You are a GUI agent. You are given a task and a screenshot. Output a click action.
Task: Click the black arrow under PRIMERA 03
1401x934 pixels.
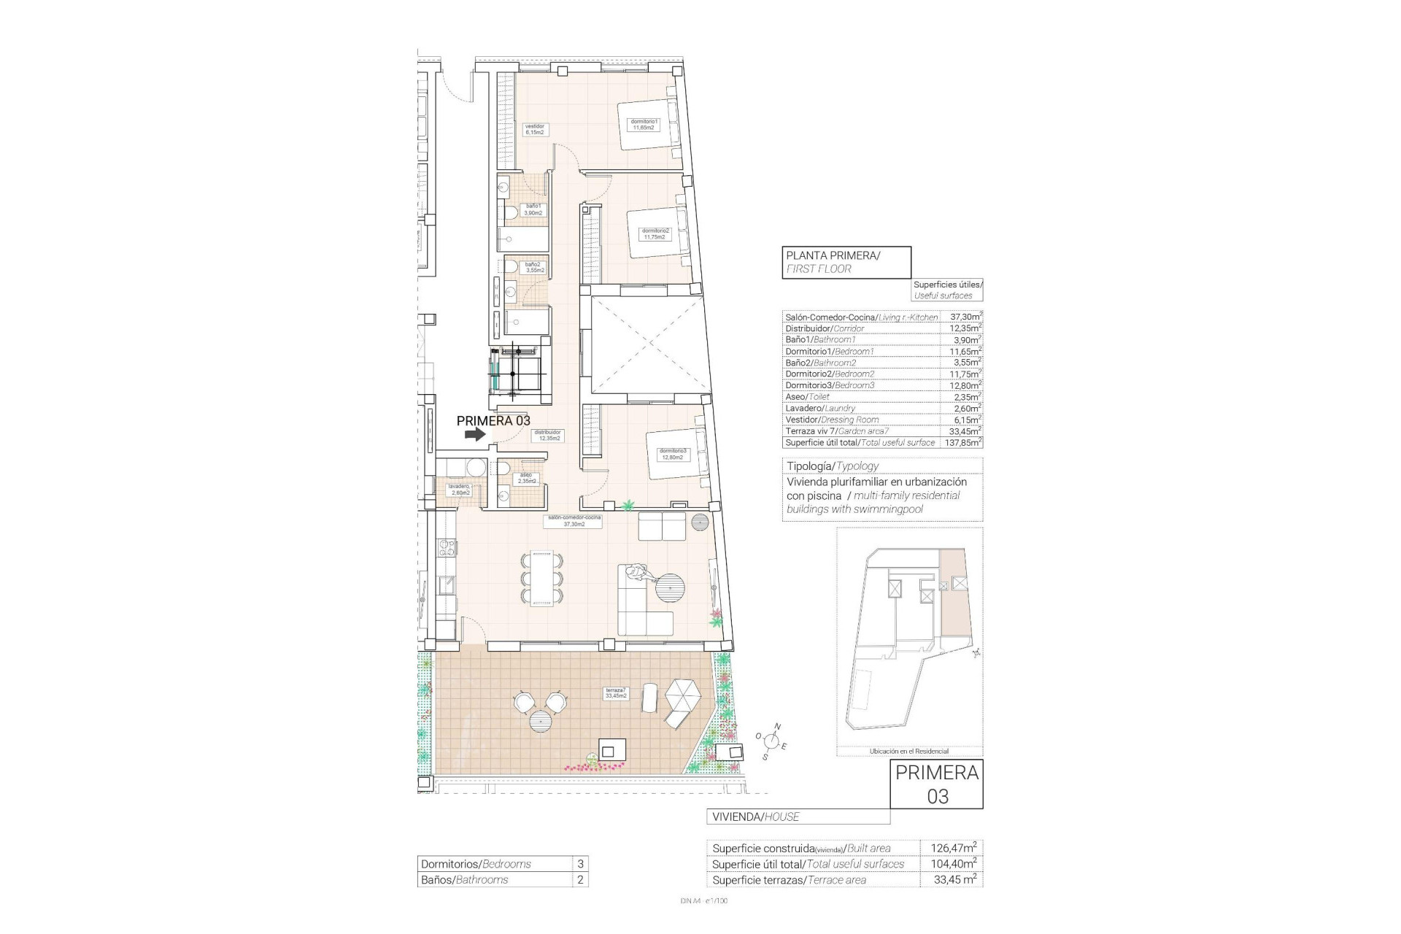(475, 434)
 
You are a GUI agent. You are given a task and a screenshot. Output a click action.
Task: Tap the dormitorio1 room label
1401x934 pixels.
(644, 124)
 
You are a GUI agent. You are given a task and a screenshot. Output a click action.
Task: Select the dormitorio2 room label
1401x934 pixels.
(655, 233)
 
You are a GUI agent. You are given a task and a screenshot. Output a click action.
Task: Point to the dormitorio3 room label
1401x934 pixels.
(673, 454)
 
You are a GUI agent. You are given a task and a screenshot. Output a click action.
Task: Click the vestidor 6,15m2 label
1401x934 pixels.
(536, 129)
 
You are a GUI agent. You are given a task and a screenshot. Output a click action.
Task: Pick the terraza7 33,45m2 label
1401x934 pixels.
(616, 692)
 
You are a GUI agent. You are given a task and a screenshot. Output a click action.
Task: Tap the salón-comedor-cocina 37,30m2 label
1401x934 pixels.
(573, 520)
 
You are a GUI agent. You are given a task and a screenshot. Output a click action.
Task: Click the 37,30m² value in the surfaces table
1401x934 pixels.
(964, 317)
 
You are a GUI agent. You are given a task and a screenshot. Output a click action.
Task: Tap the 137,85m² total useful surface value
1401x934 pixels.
(964, 442)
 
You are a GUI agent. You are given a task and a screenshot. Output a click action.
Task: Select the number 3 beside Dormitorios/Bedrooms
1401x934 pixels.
(580, 864)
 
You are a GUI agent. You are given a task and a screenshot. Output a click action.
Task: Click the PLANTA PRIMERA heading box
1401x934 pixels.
(846, 261)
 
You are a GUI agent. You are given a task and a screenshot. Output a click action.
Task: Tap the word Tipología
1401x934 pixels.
(809, 466)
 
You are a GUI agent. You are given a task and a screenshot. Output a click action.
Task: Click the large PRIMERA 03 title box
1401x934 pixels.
(937, 784)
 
